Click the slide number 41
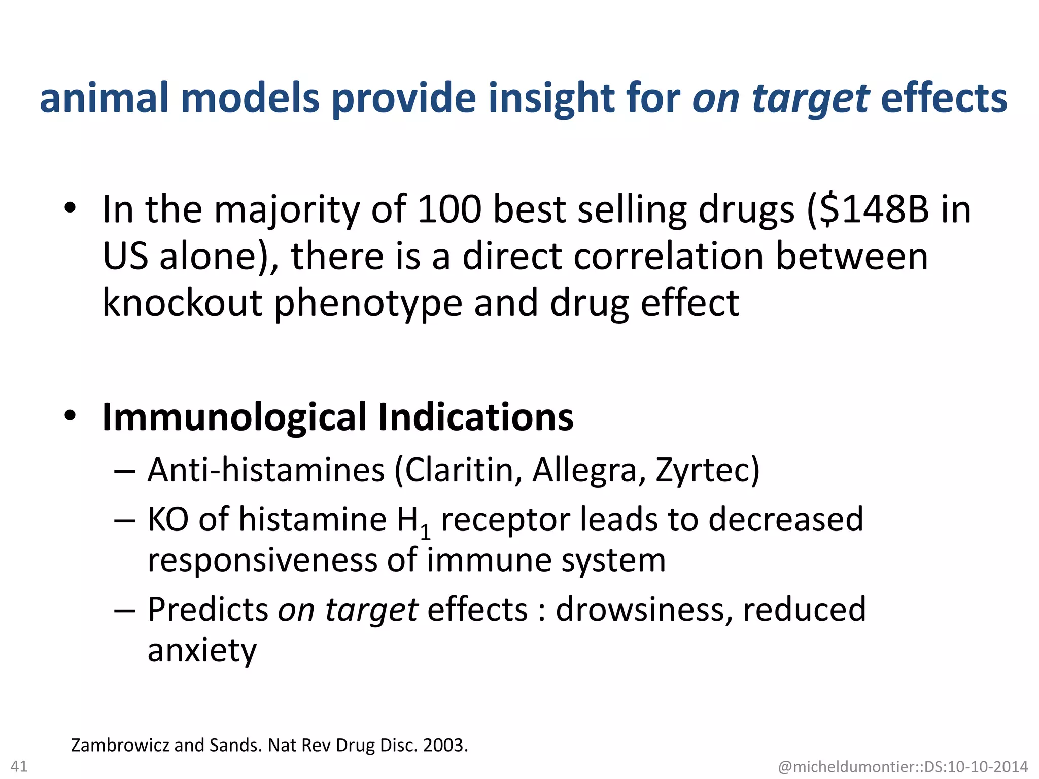[19, 766]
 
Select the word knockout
[182, 303]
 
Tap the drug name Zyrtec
[703, 470]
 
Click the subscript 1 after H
[426, 532]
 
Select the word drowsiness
[643, 609]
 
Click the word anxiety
[202, 651]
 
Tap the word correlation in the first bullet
[668, 256]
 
